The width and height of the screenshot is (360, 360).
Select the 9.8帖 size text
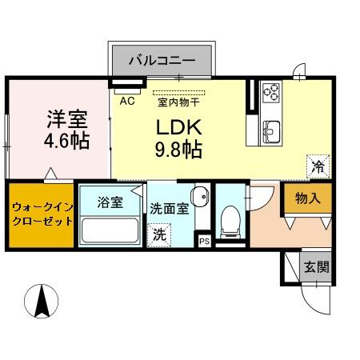(178, 149)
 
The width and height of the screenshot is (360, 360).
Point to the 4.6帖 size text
(66, 141)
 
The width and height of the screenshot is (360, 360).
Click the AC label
(126, 102)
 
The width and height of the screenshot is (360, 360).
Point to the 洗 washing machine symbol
(159, 235)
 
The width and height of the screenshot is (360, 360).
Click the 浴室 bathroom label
(111, 202)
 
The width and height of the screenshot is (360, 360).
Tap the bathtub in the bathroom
(110, 232)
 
